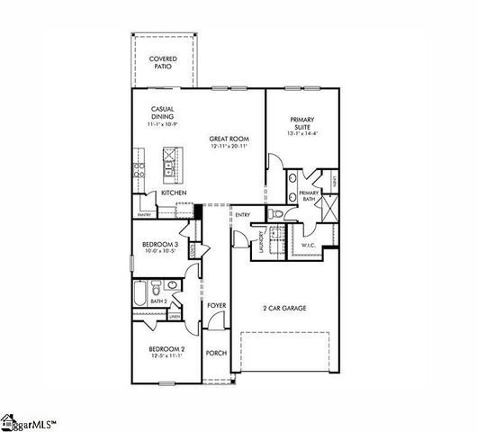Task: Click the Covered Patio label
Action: point(163,61)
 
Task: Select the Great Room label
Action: point(229,141)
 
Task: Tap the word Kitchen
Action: point(174,193)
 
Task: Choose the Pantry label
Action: point(145,215)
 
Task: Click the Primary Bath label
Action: point(309,195)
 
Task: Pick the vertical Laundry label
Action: point(262,242)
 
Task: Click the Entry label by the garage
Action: point(242,214)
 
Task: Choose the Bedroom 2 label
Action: point(166,350)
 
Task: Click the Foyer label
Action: point(216,306)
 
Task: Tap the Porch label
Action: point(216,352)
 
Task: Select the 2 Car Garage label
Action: point(284,308)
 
